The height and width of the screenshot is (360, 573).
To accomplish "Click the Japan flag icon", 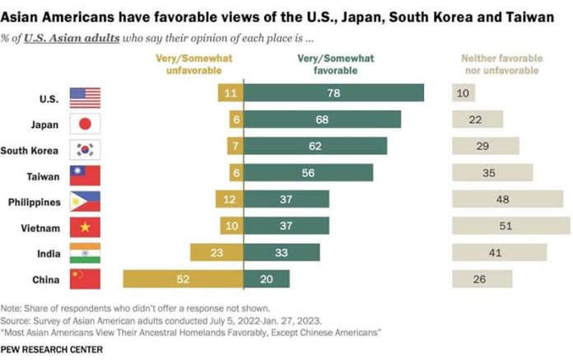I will pos(85,122).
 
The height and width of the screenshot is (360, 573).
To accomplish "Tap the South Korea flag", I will pos(85,149).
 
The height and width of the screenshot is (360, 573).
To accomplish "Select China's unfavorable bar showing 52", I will pos(183,279).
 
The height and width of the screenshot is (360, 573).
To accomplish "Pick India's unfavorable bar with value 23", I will pos(216,252).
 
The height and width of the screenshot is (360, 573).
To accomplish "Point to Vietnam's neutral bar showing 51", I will pos(506,226).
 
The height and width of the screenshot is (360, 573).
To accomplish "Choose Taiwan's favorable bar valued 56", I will pos(308,174).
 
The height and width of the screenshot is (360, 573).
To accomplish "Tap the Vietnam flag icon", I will pos(85,227).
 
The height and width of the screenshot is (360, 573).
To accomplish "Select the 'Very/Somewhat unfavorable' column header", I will pos(193,63).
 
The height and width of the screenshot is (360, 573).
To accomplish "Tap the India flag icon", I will pos(85,253).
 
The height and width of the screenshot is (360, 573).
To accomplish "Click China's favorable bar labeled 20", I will pos(266,279).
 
